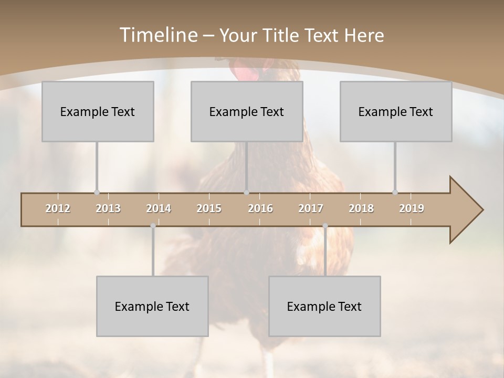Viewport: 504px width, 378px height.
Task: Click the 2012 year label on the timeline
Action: (x=58, y=208)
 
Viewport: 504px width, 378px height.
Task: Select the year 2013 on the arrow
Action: (x=108, y=208)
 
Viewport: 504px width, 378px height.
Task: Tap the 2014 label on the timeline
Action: (x=159, y=208)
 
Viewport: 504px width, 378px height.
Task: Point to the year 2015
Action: (x=209, y=208)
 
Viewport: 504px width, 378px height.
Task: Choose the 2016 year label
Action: (x=260, y=208)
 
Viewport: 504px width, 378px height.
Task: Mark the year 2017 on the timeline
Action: (x=311, y=208)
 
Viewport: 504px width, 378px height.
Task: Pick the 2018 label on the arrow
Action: (x=361, y=208)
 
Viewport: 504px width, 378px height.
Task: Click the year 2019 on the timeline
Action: (x=412, y=208)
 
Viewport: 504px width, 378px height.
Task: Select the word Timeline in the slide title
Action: (x=158, y=35)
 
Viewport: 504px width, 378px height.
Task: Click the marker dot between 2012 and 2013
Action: (x=97, y=193)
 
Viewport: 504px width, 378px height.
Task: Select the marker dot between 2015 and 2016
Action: (x=247, y=193)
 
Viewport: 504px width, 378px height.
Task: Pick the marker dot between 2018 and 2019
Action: (x=395, y=193)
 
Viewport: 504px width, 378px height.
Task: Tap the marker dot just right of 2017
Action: (x=325, y=226)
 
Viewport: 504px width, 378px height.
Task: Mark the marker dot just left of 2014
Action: (x=153, y=226)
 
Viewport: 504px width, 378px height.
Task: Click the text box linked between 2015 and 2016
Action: (x=247, y=111)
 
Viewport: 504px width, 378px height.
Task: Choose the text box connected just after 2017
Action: (x=324, y=306)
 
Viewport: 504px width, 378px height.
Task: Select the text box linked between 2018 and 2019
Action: (x=396, y=111)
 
